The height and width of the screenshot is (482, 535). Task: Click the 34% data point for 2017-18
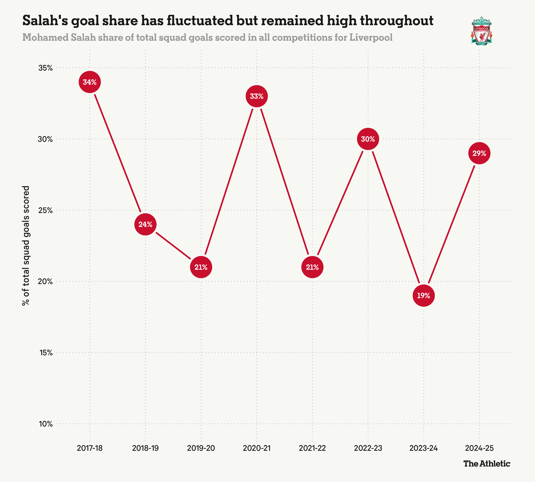pos(90,82)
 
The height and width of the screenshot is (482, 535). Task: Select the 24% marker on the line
pos(145,224)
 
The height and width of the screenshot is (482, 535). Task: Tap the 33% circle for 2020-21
pos(257,96)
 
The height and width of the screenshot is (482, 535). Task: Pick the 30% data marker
pos(368,139)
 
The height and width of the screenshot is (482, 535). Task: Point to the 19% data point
pos(424,296)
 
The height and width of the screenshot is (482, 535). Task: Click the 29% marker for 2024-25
pos(479,153)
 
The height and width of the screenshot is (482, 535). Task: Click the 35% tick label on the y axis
pos(45,68)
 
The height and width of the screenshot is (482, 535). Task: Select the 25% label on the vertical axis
pos(45,210)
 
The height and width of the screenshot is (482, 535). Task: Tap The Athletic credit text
pos(486,464)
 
